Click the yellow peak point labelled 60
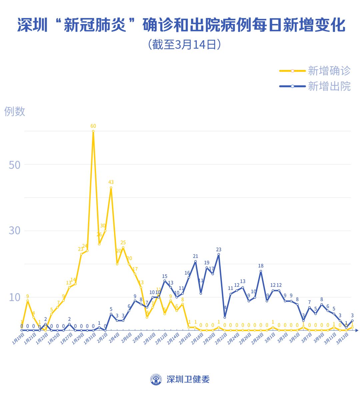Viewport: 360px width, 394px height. click(93, 131)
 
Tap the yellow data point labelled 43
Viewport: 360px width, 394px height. click(111, 188)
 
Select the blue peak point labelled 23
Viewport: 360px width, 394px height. click(219, 254)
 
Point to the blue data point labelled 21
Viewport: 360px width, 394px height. click(195, 261)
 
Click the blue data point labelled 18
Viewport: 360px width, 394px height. click(261, 271)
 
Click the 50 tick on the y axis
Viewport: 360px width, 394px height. click(14, 165)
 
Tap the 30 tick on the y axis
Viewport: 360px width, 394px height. click(14, 230)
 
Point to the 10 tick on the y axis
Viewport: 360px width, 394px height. click(14, 297)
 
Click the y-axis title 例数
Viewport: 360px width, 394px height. click(15, 111)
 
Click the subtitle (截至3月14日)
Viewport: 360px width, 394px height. click(184, 44)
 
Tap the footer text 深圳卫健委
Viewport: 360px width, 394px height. click(188, 379)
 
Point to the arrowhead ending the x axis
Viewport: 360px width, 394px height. click(357, 330)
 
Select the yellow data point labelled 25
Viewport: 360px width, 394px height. click(123, 248)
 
